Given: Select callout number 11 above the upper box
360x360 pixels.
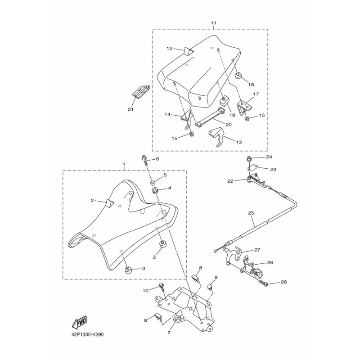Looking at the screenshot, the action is tap(213, 23).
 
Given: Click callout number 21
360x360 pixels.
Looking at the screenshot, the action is tap(130, 109).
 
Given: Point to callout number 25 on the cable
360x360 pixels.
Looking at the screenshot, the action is tap(251, 213).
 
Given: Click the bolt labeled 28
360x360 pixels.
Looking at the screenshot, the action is tap(264, 283).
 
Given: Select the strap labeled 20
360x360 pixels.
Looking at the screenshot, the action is tap(209, 117).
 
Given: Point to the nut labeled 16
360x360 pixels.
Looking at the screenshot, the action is tap(247, 119).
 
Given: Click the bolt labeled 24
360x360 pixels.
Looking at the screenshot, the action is tap(249, 158).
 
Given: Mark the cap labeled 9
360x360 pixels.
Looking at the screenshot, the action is tap(209, 287).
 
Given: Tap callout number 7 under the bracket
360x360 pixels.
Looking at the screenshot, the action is tap(169, 333).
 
